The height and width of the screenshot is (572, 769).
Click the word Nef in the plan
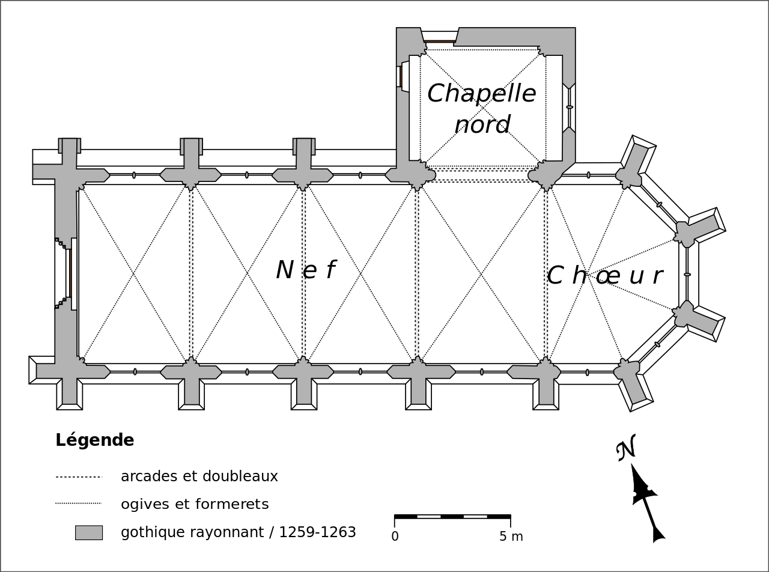(305, 270)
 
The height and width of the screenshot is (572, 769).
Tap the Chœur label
(604, 276)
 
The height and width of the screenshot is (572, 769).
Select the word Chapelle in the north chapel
(481, 94)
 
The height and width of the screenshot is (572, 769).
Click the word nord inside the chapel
(482, 125)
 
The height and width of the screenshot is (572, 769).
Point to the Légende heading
(95, 440)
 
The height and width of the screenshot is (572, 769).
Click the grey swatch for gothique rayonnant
(89, 532)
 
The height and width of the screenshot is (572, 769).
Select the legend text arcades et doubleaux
(199, 476)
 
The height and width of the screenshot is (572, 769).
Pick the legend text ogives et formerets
(195, 504)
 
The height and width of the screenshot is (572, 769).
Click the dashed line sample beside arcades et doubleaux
(79, 477)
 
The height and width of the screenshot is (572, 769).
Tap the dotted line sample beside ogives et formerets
(79, 504)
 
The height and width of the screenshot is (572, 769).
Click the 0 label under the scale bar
(395, 537)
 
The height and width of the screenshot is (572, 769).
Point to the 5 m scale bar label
(511, 537)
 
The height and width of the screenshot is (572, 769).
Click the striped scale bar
(452, 516)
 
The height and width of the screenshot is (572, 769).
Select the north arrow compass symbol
(646, 502)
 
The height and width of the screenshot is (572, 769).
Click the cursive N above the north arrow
(626, 448)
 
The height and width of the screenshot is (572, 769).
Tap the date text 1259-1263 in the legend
(317, 532)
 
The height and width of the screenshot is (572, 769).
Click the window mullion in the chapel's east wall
(570, 107)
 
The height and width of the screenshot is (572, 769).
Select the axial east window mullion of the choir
(687, 275)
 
